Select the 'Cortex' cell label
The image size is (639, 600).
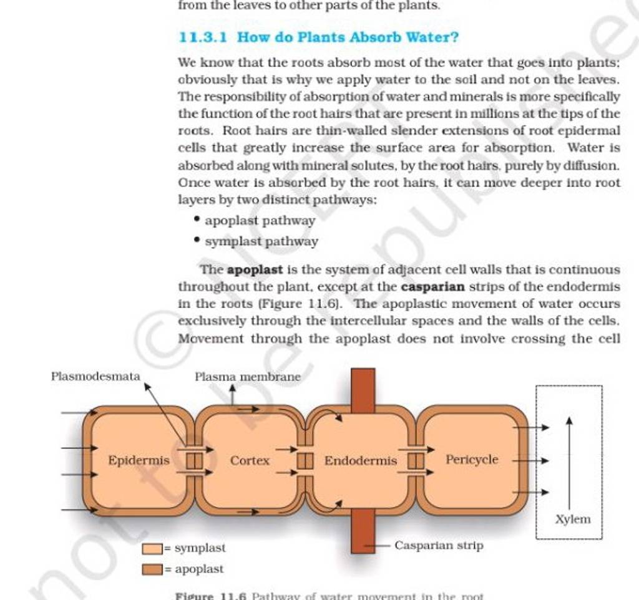tap(250, 461)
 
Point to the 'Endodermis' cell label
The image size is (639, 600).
tap(360, 461)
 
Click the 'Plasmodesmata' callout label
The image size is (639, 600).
tap(95, 376)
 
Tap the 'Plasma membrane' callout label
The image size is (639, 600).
tap(247, 377)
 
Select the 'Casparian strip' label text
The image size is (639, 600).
tap(439, 546)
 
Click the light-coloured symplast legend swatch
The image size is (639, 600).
tap(152, 549)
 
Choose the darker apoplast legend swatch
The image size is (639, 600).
tap(152, 569)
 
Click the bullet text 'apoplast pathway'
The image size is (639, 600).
tap(260, 220)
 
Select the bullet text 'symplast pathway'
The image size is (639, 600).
tap(261, 241)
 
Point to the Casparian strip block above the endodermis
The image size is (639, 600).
tap(363, 390)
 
